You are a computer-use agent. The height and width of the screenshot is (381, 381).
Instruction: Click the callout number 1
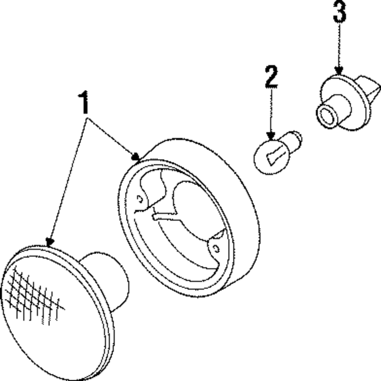(84, 102)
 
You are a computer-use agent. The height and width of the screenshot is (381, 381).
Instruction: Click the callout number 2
(271, 77)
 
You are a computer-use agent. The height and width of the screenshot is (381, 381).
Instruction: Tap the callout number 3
(339, 12)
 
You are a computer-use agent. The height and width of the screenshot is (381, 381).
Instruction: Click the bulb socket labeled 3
(345, 101)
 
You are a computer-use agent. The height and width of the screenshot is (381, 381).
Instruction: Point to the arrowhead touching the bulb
(271, 136)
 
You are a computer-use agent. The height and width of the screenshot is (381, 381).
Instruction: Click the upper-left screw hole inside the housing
(140, 199)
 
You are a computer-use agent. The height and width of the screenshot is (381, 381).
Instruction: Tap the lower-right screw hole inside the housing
(216, 249)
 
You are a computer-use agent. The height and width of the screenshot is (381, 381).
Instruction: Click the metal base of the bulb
(295, 140)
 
